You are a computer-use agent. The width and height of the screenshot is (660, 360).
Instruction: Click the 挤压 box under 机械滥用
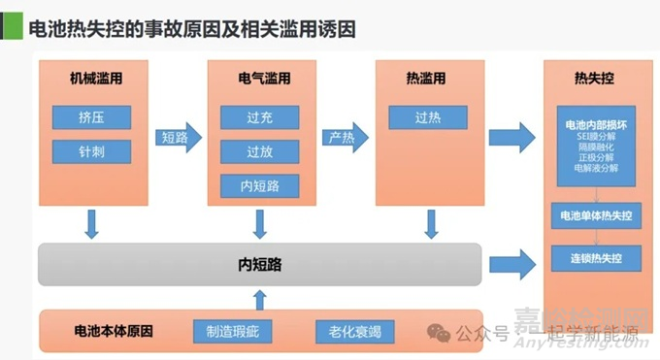[x=90, y=118]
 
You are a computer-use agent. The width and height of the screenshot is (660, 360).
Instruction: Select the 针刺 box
[x=90, y=152]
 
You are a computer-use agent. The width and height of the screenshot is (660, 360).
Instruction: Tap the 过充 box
[x=259, y=118]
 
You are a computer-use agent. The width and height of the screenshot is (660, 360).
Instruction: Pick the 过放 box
[x=259, y=151]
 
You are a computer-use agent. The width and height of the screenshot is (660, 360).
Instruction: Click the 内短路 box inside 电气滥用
[x=259, y=185]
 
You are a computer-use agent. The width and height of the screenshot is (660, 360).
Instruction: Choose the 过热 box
[x=428, y=118]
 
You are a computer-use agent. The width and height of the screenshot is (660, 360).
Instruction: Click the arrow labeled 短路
[x=181, y=137]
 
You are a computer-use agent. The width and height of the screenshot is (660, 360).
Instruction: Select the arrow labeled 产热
[x=347, y=137]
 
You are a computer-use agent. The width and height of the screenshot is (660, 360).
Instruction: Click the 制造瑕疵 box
[x=233, y=332]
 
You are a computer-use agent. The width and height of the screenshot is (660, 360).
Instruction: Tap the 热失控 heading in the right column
[x=594, y=78]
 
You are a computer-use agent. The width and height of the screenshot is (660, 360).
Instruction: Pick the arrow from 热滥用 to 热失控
[x=512, y=137]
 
